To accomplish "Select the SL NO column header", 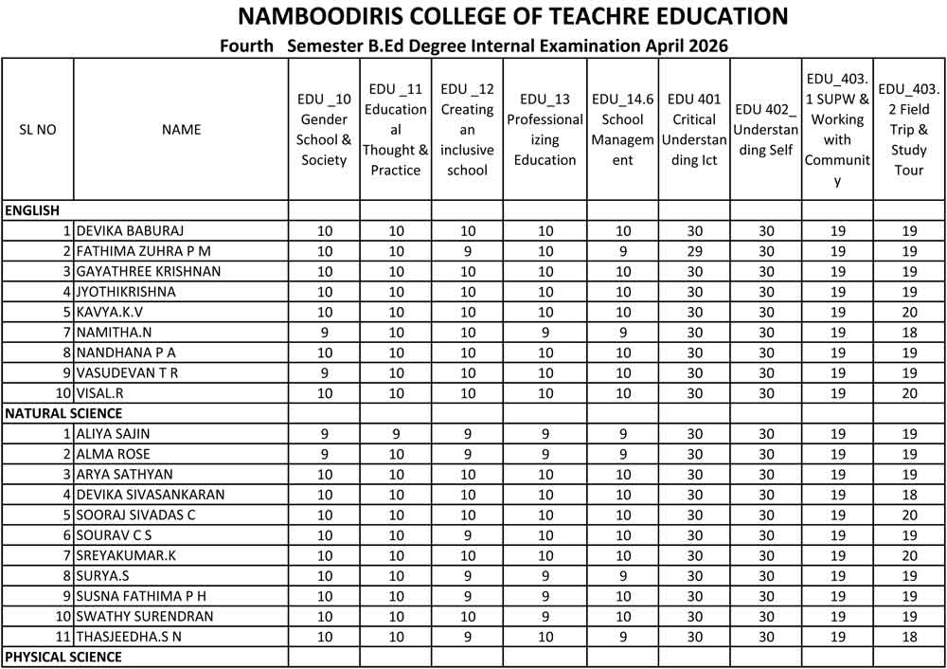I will (x=37, y=130).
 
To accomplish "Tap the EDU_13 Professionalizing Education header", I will (x=545, y=130).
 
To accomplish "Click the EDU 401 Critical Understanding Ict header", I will (x=694, y=130).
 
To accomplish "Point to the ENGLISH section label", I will (x=32, y=210).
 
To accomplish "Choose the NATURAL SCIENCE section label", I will (x=63, y=413).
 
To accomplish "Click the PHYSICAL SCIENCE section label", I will (x=63, y=657).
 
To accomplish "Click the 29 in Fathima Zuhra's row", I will (x=694, y=251).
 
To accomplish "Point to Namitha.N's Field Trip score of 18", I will (x=909, y=333).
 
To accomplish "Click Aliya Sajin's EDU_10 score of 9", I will (x=324, y=434).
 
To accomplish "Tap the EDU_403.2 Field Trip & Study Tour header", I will (x=909, y=130).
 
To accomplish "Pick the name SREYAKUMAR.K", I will (x=126, y=555).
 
